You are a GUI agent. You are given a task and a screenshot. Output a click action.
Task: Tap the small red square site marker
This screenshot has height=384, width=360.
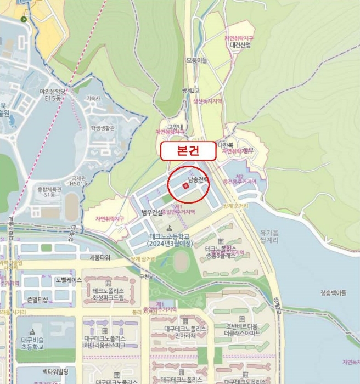(185, 187)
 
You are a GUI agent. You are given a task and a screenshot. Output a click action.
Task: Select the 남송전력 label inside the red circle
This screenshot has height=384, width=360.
(199, 179)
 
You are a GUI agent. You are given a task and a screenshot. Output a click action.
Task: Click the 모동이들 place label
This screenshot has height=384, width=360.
(196, 60)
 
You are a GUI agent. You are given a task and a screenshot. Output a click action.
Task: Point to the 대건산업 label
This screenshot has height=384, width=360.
(240, 45)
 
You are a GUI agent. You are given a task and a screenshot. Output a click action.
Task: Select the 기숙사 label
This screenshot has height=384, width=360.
(94, 98)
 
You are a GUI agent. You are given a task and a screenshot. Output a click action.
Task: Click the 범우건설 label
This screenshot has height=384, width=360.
(152, 212)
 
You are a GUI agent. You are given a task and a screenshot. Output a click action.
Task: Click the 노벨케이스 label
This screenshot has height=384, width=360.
(68, 280)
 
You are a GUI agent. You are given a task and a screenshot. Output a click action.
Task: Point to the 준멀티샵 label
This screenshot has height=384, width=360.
(37, 299)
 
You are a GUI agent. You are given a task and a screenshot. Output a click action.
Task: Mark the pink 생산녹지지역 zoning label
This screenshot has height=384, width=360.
(207, 101)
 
